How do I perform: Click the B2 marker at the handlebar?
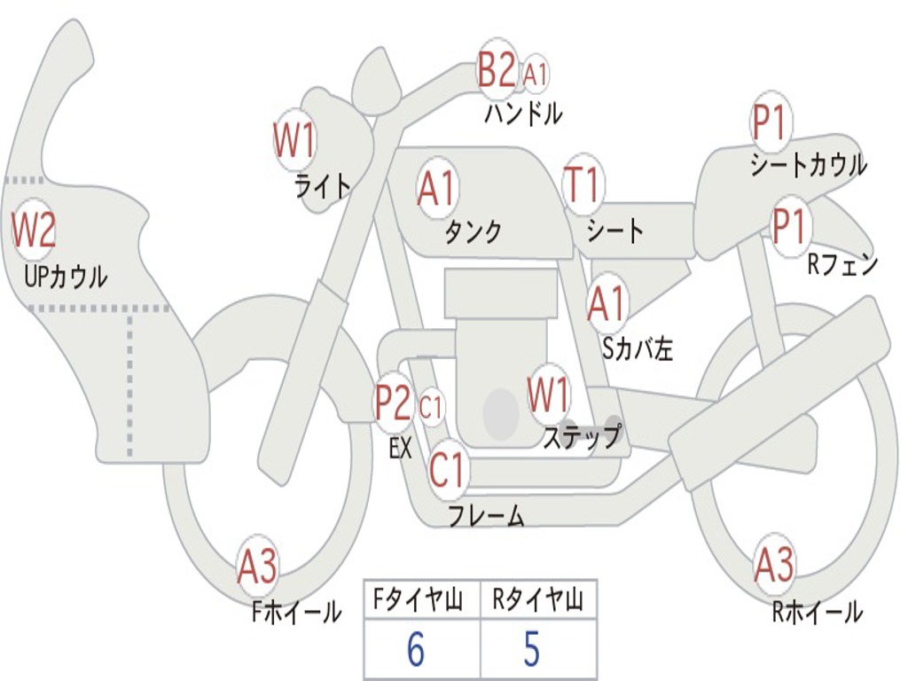click(497, 69)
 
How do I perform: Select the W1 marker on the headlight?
click(294, 139)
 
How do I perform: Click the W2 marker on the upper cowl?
click(34, 230)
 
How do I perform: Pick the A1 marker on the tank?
click(436, 188)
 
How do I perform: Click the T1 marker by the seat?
click(583, 185)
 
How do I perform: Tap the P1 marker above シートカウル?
click(771, 123)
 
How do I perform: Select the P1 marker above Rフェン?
click(788, 226)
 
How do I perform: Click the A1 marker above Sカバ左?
click(607, 302)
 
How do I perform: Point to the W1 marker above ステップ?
click(549, 395)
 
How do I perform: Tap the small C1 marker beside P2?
click(431, 408)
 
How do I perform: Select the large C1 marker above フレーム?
click(447, 470)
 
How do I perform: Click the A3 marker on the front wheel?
click(257, 566)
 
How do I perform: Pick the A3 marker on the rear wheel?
click(774, 565)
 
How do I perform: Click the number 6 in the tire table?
click(416, 649)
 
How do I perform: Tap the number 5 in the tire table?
click(531, 649)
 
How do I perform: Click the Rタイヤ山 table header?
click(537, 602)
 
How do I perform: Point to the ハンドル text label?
click(523, 113)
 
